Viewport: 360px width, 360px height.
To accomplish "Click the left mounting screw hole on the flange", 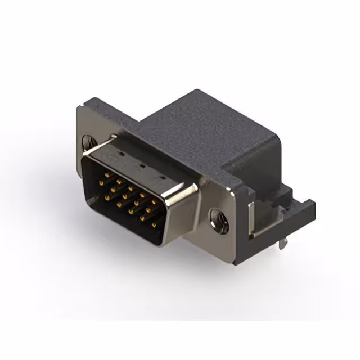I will coord(88,142).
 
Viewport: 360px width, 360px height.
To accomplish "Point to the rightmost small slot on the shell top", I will coord(164,178).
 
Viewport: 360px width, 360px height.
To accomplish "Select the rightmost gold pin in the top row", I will coord(154,201).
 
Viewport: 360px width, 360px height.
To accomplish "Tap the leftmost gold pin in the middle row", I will coord(101,182).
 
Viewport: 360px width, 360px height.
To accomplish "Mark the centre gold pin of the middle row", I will coord(125,197).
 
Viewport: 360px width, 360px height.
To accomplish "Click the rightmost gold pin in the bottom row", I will coord(154,226).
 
